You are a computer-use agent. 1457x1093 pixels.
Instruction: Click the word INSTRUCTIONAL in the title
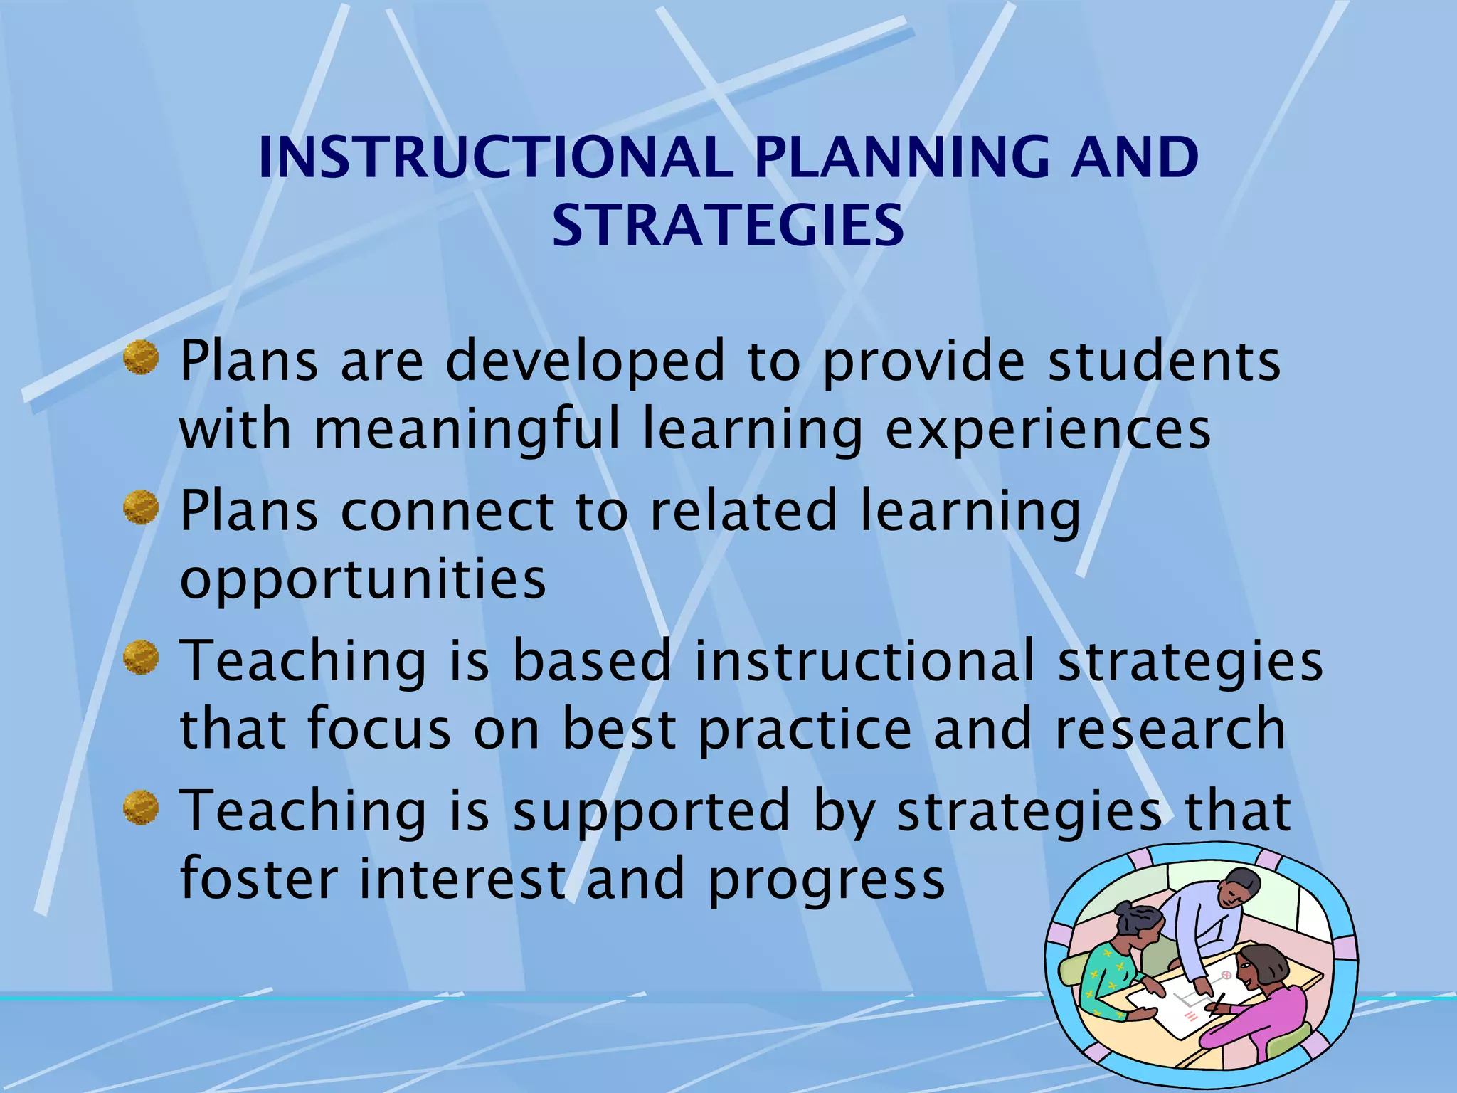[496, 157]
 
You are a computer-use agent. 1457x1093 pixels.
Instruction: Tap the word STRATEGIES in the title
[728, 226]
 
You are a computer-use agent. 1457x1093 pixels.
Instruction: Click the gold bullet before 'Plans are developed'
[141, 357]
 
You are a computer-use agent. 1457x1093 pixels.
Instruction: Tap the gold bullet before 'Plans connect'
[141, 507]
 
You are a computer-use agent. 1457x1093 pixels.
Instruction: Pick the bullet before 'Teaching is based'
[141, 658]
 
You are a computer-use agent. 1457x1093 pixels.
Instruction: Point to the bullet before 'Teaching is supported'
[141, 808]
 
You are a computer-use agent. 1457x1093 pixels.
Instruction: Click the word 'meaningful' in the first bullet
[467, 429]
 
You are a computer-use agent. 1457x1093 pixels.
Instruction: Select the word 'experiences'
[1047, 429]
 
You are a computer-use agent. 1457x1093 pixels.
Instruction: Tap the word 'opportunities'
[363, 579]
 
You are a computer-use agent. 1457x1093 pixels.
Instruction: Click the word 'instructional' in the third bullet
[864, 660]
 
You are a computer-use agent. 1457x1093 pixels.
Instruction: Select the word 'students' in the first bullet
[1165, 361]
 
